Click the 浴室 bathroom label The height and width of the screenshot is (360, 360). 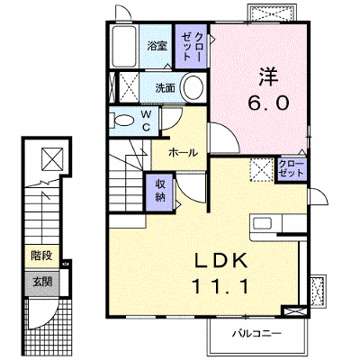click(x=157, y=46)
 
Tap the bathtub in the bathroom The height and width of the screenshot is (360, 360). click(x=124, y=46)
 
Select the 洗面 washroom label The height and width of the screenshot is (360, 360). click(x=165, y=88)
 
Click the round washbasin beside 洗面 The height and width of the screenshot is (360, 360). click(x=193, y=87)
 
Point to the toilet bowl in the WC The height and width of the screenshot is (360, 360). click(x=124, y=121)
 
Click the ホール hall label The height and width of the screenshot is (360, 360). click(x=184, y=153)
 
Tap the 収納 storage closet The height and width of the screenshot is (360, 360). click(x=160, y=192)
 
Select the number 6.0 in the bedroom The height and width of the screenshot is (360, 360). click(x=268, y=103)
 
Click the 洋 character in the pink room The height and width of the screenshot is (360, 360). click(x=269, y=76)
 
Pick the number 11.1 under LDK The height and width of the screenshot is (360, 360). click(x=220, y=286)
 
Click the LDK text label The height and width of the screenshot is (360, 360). click(x=221, y=260)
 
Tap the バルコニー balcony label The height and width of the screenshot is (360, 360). click(x=256, y=333)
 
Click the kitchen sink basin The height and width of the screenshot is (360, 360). click(x=263, y=224)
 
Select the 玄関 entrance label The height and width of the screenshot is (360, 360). click(x=42, y=282)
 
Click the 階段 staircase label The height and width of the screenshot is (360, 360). click(x=41, y=256)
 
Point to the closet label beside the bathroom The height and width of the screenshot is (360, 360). click(x=191, y=47)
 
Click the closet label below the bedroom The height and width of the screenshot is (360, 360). click(x=292, y=168)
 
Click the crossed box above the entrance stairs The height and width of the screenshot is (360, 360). click(x=52, y=159)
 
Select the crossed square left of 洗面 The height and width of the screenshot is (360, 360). click(x=129, y=87)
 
